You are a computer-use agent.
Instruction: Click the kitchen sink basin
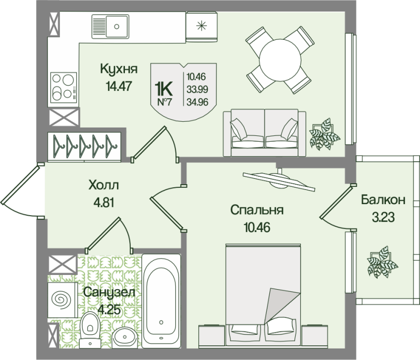[117, 26]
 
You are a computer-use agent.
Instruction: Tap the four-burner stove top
[64, 87]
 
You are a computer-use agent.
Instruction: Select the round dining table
[280, 60]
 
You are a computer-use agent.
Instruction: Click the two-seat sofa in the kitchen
[265, 133]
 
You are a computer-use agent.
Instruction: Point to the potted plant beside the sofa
[324, 134]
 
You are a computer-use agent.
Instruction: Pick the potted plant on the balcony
[382, 262]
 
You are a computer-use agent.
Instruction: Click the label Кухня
[119, 69]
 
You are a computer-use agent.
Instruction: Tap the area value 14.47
[119, 86]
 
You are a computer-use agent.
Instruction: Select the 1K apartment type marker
[164, 89]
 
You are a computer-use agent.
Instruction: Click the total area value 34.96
[197, 102]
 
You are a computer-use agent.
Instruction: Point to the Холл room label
[103, 185]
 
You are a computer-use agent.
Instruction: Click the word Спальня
[257, 210]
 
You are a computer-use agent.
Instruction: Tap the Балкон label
[383, 200]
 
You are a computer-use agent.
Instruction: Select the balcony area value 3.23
[383, 217]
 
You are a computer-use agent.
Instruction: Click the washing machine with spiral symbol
[62, 300]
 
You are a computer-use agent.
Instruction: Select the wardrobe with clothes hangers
[85, 147]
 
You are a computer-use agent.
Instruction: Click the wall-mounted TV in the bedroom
[279, 180]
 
